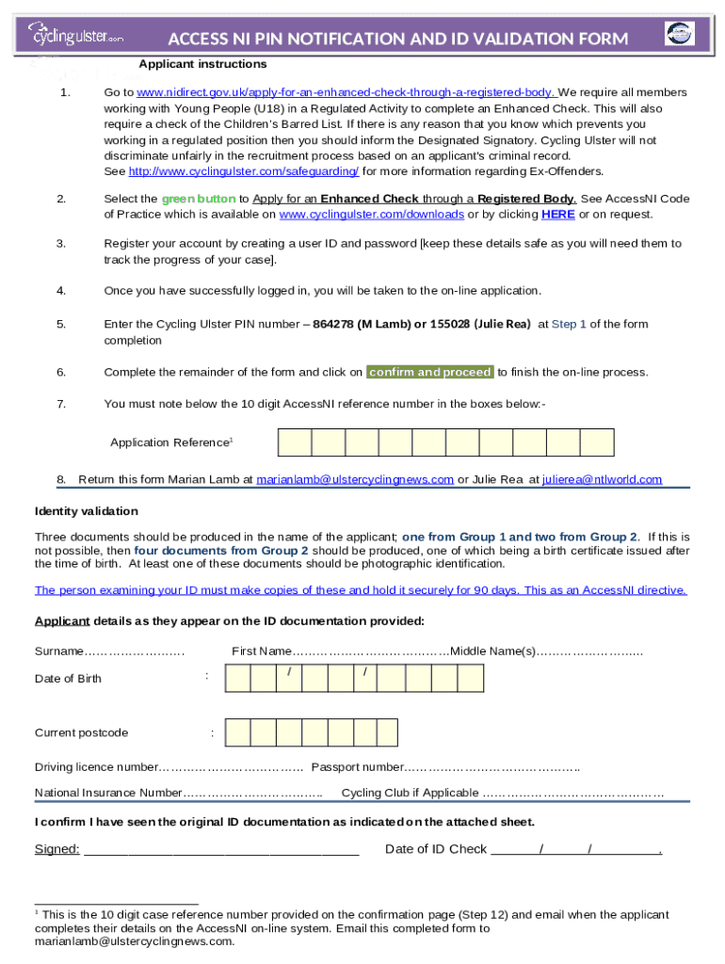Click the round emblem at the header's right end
[679, 34]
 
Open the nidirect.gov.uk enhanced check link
[346, 92]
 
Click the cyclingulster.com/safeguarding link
[243, 171]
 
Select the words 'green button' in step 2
[199, 199]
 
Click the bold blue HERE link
[558, 214]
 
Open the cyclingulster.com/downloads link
[372, 214]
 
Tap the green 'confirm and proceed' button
[429, 372]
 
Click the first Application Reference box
[295, 442]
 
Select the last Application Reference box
[597, 442]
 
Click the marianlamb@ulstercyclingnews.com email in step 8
[355, 479]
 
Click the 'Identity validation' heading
[87, 511]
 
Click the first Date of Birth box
[237, 678]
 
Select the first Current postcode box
[237, 732]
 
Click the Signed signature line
[221, 850]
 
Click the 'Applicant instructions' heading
[202, 64]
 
